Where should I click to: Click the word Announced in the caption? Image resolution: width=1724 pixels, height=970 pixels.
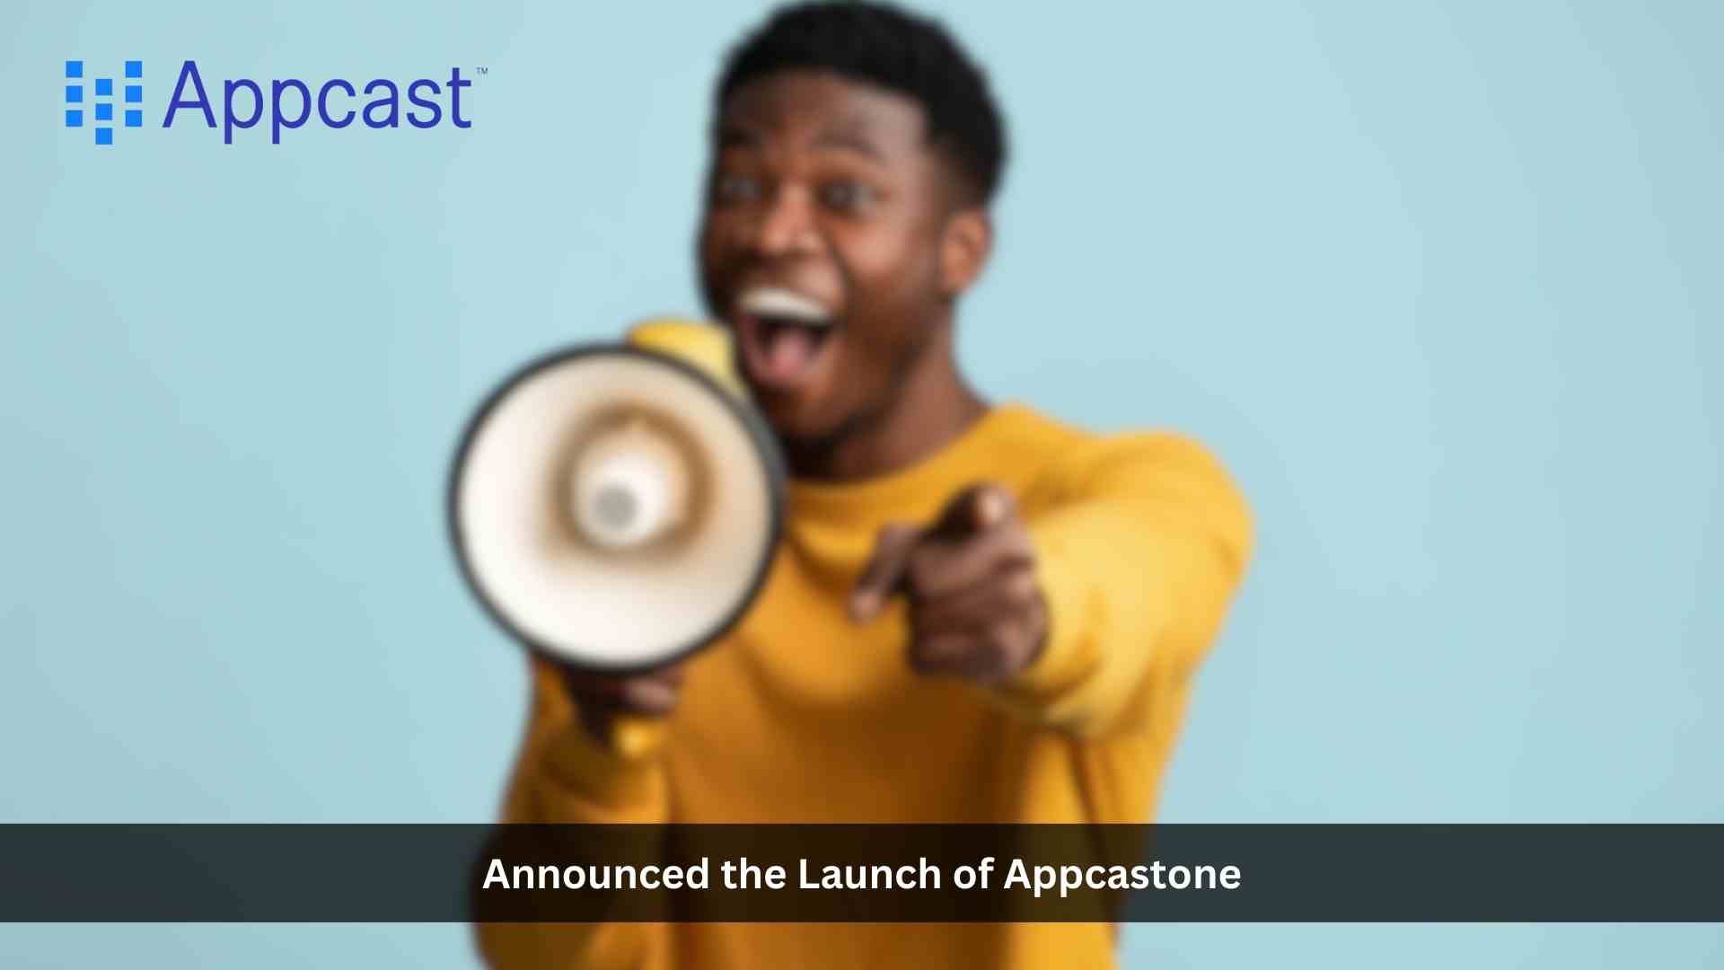point(595,874)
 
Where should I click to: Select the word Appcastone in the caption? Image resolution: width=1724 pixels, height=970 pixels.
point(1121,875)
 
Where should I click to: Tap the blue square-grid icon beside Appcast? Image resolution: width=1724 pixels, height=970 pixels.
point(104,101)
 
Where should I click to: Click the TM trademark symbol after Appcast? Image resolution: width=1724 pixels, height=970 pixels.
point(481,71)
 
